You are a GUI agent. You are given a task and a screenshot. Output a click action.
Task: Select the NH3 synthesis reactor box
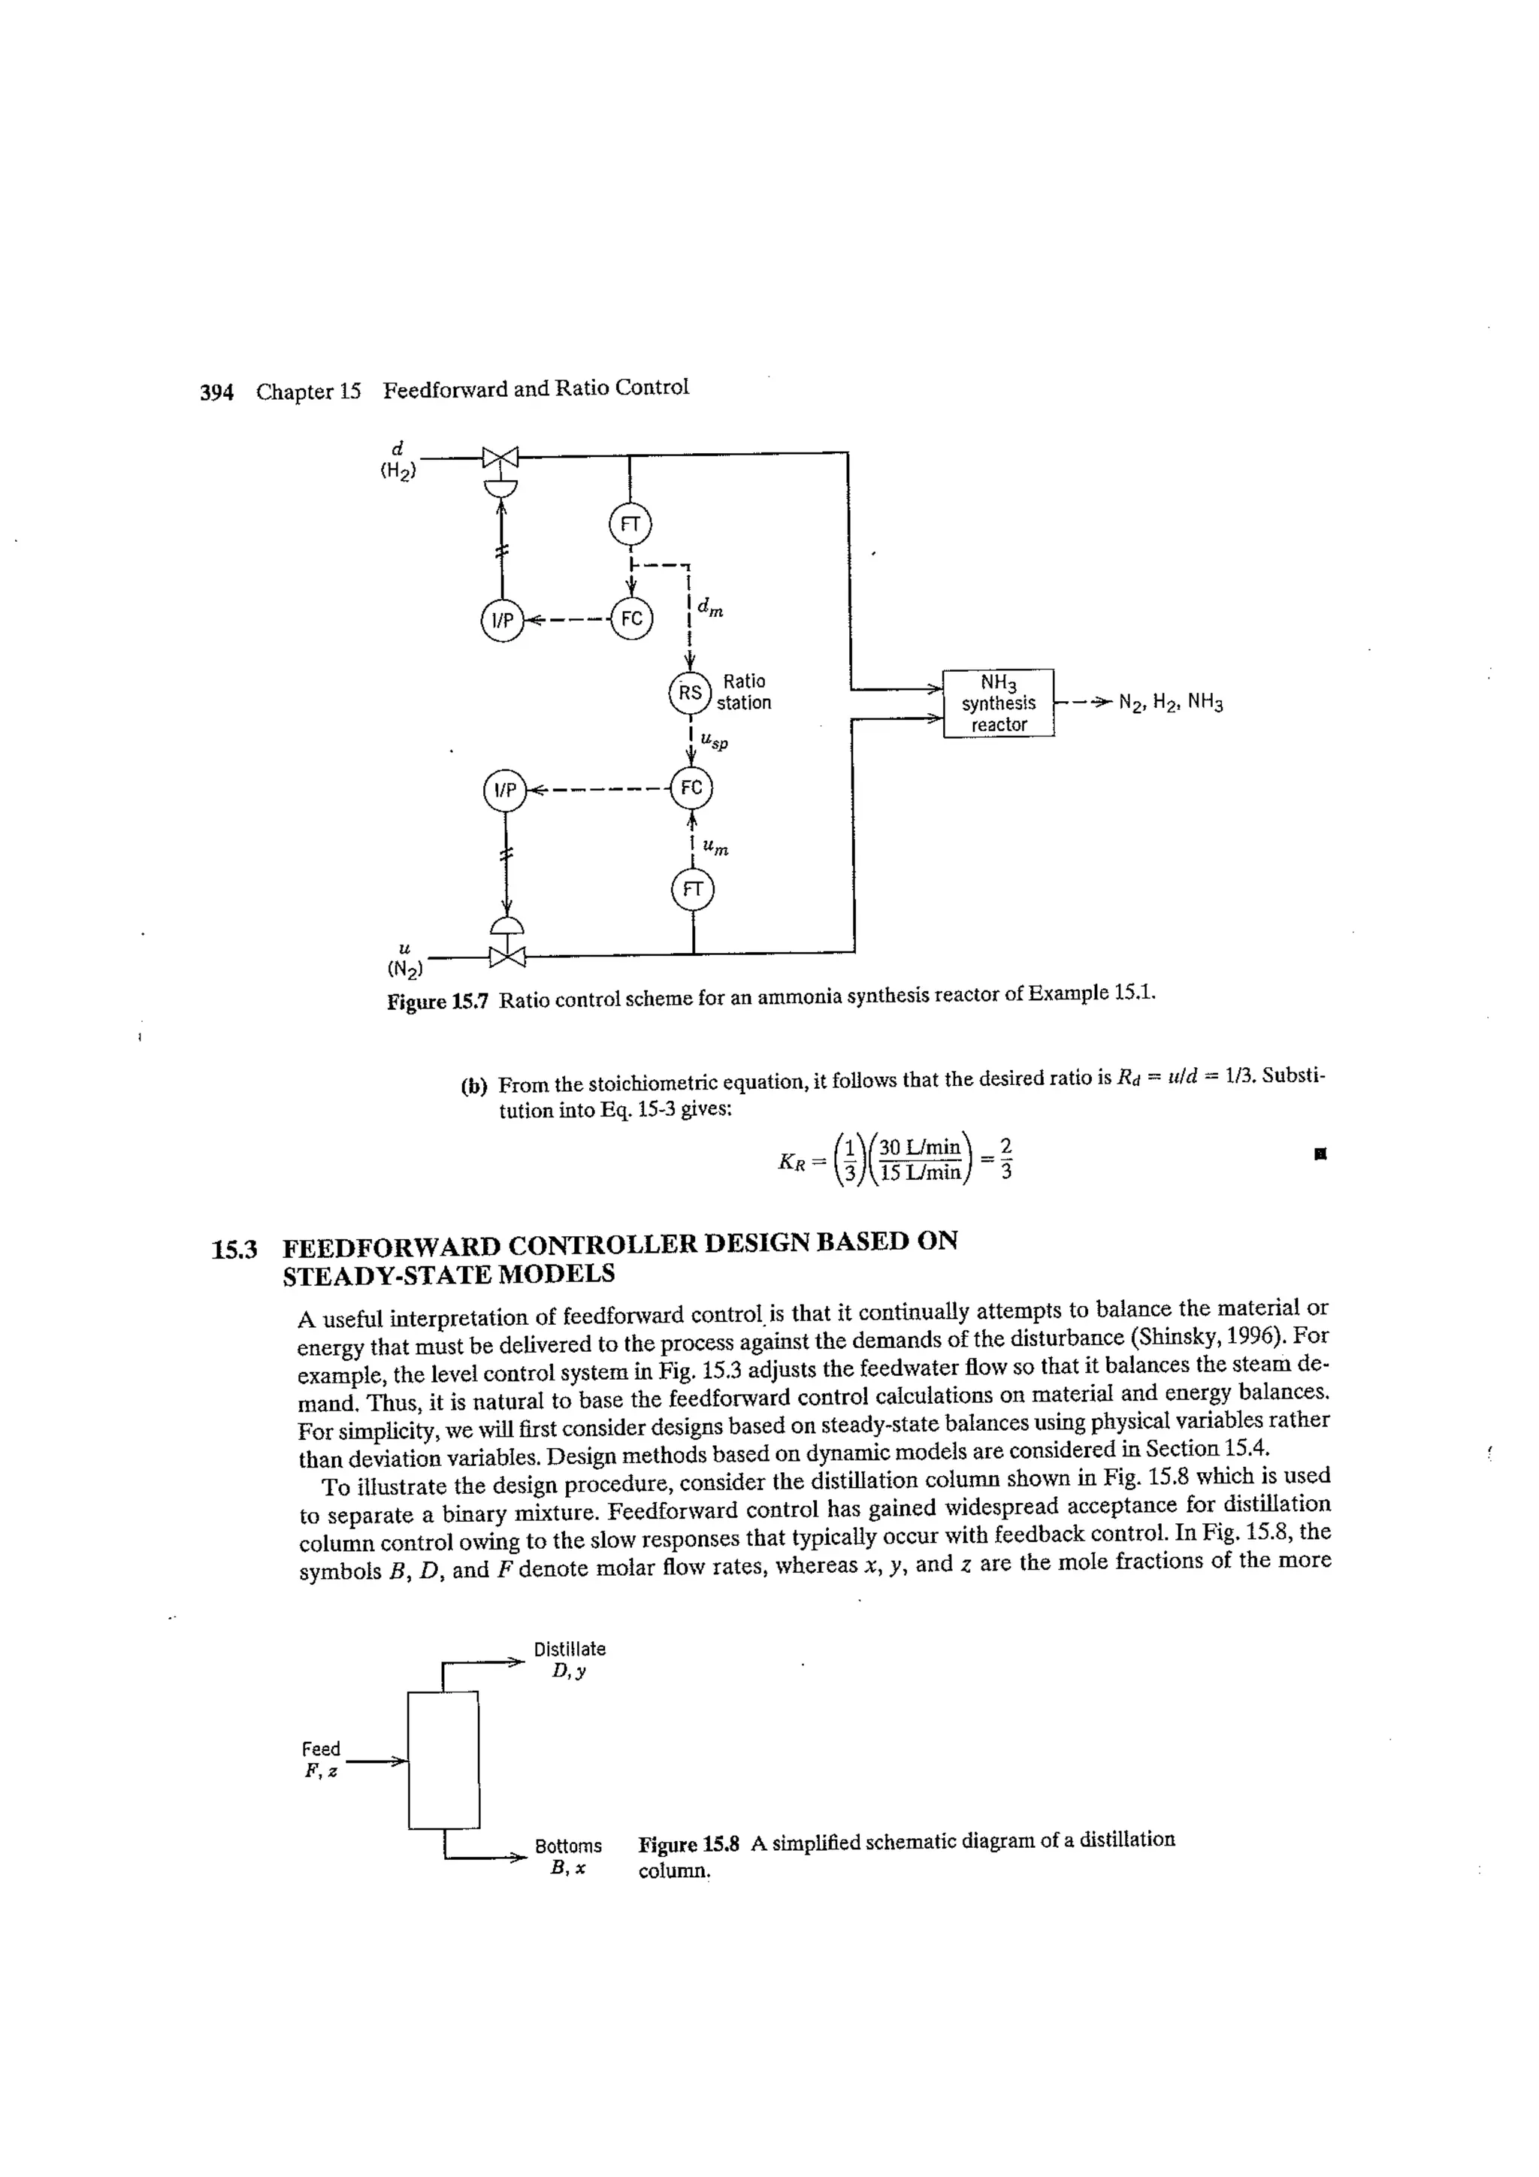999,703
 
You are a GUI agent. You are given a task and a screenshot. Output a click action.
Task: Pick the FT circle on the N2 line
693,890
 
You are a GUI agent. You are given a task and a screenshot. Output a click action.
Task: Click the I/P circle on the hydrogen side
502,620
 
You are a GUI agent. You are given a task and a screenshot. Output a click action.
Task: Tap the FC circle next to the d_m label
631,619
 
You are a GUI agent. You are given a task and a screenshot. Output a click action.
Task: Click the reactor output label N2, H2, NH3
1171,703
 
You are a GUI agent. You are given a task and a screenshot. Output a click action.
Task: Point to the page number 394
216,392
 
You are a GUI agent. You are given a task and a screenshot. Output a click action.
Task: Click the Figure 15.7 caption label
437,1001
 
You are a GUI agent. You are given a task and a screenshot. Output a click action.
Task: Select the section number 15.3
234,1250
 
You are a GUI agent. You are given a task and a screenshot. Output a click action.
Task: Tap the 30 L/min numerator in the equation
920,1147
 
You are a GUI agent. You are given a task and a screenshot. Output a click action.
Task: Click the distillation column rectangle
443,1760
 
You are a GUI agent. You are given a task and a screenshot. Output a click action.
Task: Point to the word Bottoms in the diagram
568,1846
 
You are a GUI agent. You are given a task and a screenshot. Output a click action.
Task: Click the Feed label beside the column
321,1749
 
